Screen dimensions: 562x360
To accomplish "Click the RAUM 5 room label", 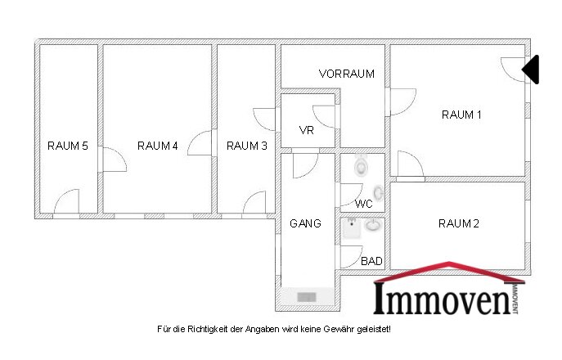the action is pyautogui.click(x=68, y=146).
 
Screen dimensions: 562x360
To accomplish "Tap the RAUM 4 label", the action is pyautogui.click(x=158, y=146).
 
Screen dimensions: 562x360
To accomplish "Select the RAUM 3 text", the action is pyautogui.click(x=247, y=146).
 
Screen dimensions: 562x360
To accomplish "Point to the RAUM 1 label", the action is pyautogui.click(x=461, y=115).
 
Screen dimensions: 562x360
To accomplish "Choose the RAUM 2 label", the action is pyautogui.click(x=459, y=223).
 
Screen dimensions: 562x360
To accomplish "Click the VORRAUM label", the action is pyautogui.click(x=347, y=74).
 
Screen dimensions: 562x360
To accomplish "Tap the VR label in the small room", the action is pyautogui.click(x=307, y=130).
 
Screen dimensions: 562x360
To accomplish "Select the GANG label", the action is pyautogui.click(x=305, y=223).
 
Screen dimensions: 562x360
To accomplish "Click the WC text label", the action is pyautogui.click(x=364, y=204).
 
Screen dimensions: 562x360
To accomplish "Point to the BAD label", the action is pyautogui.click(x=371, y=261).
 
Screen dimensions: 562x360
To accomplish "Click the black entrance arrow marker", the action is pyautogui.click(x=530, y=70).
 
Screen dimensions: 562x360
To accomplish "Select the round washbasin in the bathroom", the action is pyautogui.click(x=374, y=226).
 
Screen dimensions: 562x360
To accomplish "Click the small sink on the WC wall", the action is pyautogui.click(x=379, y=193).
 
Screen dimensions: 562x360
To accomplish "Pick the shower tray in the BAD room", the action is pyautogui.click(x=352, y=228).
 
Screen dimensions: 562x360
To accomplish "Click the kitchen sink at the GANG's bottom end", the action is pyautogui.click(x=307, y=296).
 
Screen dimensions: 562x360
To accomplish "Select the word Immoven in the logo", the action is pyautogui.click(x=443, y=299).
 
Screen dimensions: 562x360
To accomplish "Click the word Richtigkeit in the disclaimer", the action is pyautogui.click(x=206, y=329).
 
